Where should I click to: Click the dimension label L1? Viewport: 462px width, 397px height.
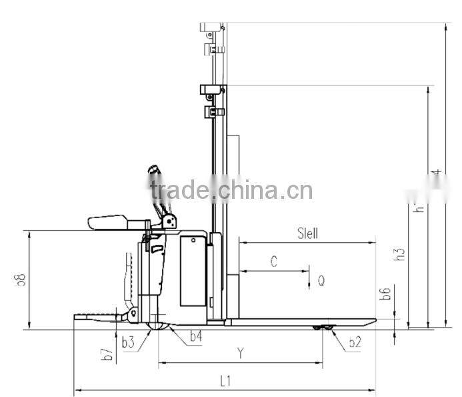pos(225,382)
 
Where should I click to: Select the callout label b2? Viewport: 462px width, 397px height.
pos(355,343)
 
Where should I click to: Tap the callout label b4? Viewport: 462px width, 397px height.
pos(195,338)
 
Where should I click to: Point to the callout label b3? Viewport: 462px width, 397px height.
pos(128,343)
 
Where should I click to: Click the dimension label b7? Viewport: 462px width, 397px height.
pos(107,355)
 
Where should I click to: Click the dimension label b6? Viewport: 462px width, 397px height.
pos(385,293)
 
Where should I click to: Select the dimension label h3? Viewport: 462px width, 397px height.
pos(399,254)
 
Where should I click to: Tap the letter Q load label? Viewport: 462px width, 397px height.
pos(321,282)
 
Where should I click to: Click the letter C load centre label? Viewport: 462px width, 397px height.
pos(273,262)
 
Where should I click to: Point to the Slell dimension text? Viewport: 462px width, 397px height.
pos(307,234)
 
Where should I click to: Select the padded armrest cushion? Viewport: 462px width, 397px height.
pos(107,222)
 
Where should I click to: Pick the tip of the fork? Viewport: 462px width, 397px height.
pos(373,321)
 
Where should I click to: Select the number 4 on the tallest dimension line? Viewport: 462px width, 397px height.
pos(437,173)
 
